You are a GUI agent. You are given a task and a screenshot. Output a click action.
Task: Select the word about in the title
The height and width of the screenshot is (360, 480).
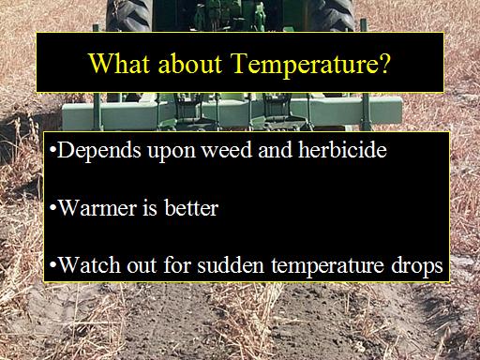(x=190, y=63)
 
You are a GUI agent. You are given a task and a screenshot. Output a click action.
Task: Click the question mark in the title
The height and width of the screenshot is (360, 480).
(x=383, y=63)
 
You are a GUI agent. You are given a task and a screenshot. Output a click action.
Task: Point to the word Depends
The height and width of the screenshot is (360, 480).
(x=99, y=151)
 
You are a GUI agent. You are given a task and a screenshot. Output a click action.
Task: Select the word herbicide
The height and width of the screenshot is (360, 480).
(x=342, y=149)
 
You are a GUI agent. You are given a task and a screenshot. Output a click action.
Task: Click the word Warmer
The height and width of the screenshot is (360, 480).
(x=97, y=207)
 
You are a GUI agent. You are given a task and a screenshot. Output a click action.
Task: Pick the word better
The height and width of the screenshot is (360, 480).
(x=191, y=207)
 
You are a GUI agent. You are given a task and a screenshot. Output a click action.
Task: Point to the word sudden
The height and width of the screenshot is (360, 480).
(x=231, y=264)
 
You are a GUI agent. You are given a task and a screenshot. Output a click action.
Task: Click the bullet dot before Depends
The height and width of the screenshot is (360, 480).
(x=52, y=150)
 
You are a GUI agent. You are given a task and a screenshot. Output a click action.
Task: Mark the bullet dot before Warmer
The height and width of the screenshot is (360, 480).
(x=52, y=207)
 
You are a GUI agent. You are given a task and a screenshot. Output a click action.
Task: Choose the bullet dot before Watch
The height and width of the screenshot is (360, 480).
(x=52, y=265)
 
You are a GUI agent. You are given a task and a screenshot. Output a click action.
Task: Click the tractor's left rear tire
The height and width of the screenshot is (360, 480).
(x=128, y=16)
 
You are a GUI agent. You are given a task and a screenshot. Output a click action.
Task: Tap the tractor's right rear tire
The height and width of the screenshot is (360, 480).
(x=332, y=16)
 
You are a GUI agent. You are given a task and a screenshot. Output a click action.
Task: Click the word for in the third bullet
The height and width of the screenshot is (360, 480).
(x=177, y=264)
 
